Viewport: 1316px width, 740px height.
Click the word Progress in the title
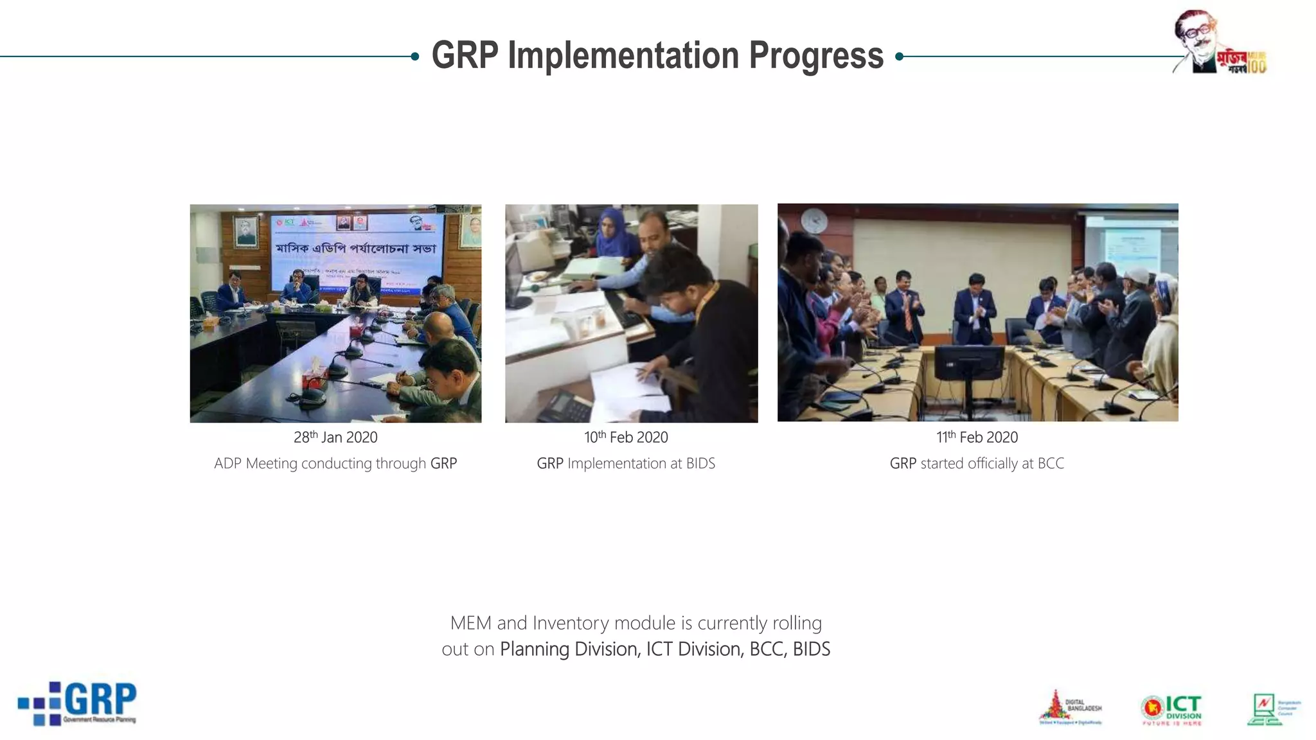816,56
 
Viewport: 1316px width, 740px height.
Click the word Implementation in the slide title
623,56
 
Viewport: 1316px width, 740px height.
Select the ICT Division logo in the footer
1172,710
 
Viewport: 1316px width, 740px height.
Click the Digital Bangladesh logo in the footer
1070,708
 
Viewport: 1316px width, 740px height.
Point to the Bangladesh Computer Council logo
1273,709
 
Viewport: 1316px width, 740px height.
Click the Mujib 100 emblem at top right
1220,42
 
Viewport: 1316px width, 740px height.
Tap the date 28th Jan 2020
335,437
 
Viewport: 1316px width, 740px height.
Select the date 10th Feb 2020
626,437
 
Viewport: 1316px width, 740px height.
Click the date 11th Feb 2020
977,437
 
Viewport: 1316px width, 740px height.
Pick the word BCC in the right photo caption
1051,464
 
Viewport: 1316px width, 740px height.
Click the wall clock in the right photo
815,220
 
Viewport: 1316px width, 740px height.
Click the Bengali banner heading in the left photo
355,248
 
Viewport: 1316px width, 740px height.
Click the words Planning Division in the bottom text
569,649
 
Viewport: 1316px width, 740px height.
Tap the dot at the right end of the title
900,57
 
